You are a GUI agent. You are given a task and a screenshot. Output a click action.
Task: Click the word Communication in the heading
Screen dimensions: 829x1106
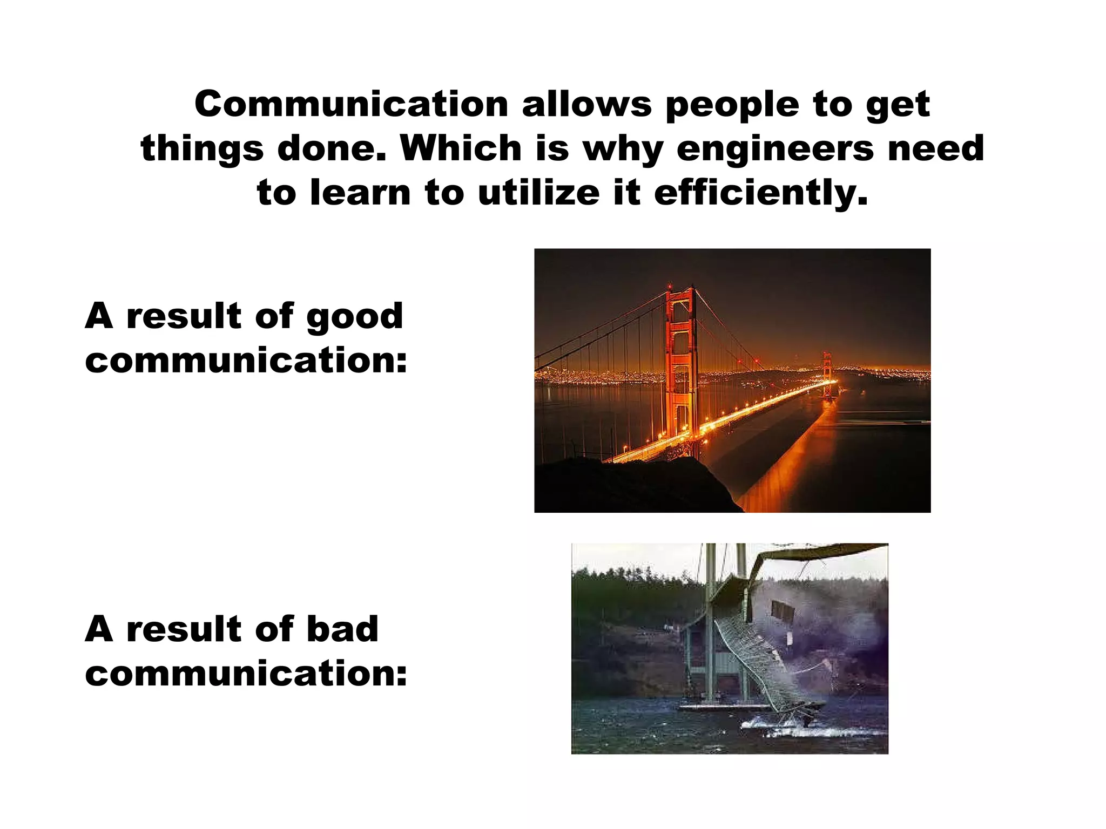tap(351, 104)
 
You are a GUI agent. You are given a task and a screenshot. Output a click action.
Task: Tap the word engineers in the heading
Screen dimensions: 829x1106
tap(774, 149)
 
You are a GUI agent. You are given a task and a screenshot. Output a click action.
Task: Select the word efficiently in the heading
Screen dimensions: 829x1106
tap(761, 193)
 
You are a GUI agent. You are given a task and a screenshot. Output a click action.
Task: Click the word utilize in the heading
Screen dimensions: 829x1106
tap(538, 193)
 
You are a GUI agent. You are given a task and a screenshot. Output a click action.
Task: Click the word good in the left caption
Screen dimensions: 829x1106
tap(355, 317)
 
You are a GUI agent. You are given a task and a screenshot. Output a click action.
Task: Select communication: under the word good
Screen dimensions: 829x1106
tap(246, 361)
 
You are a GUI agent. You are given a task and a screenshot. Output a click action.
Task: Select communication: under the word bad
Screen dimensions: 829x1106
tap(246, 674)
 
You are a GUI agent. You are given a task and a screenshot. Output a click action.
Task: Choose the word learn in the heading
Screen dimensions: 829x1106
tap(360, 193)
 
